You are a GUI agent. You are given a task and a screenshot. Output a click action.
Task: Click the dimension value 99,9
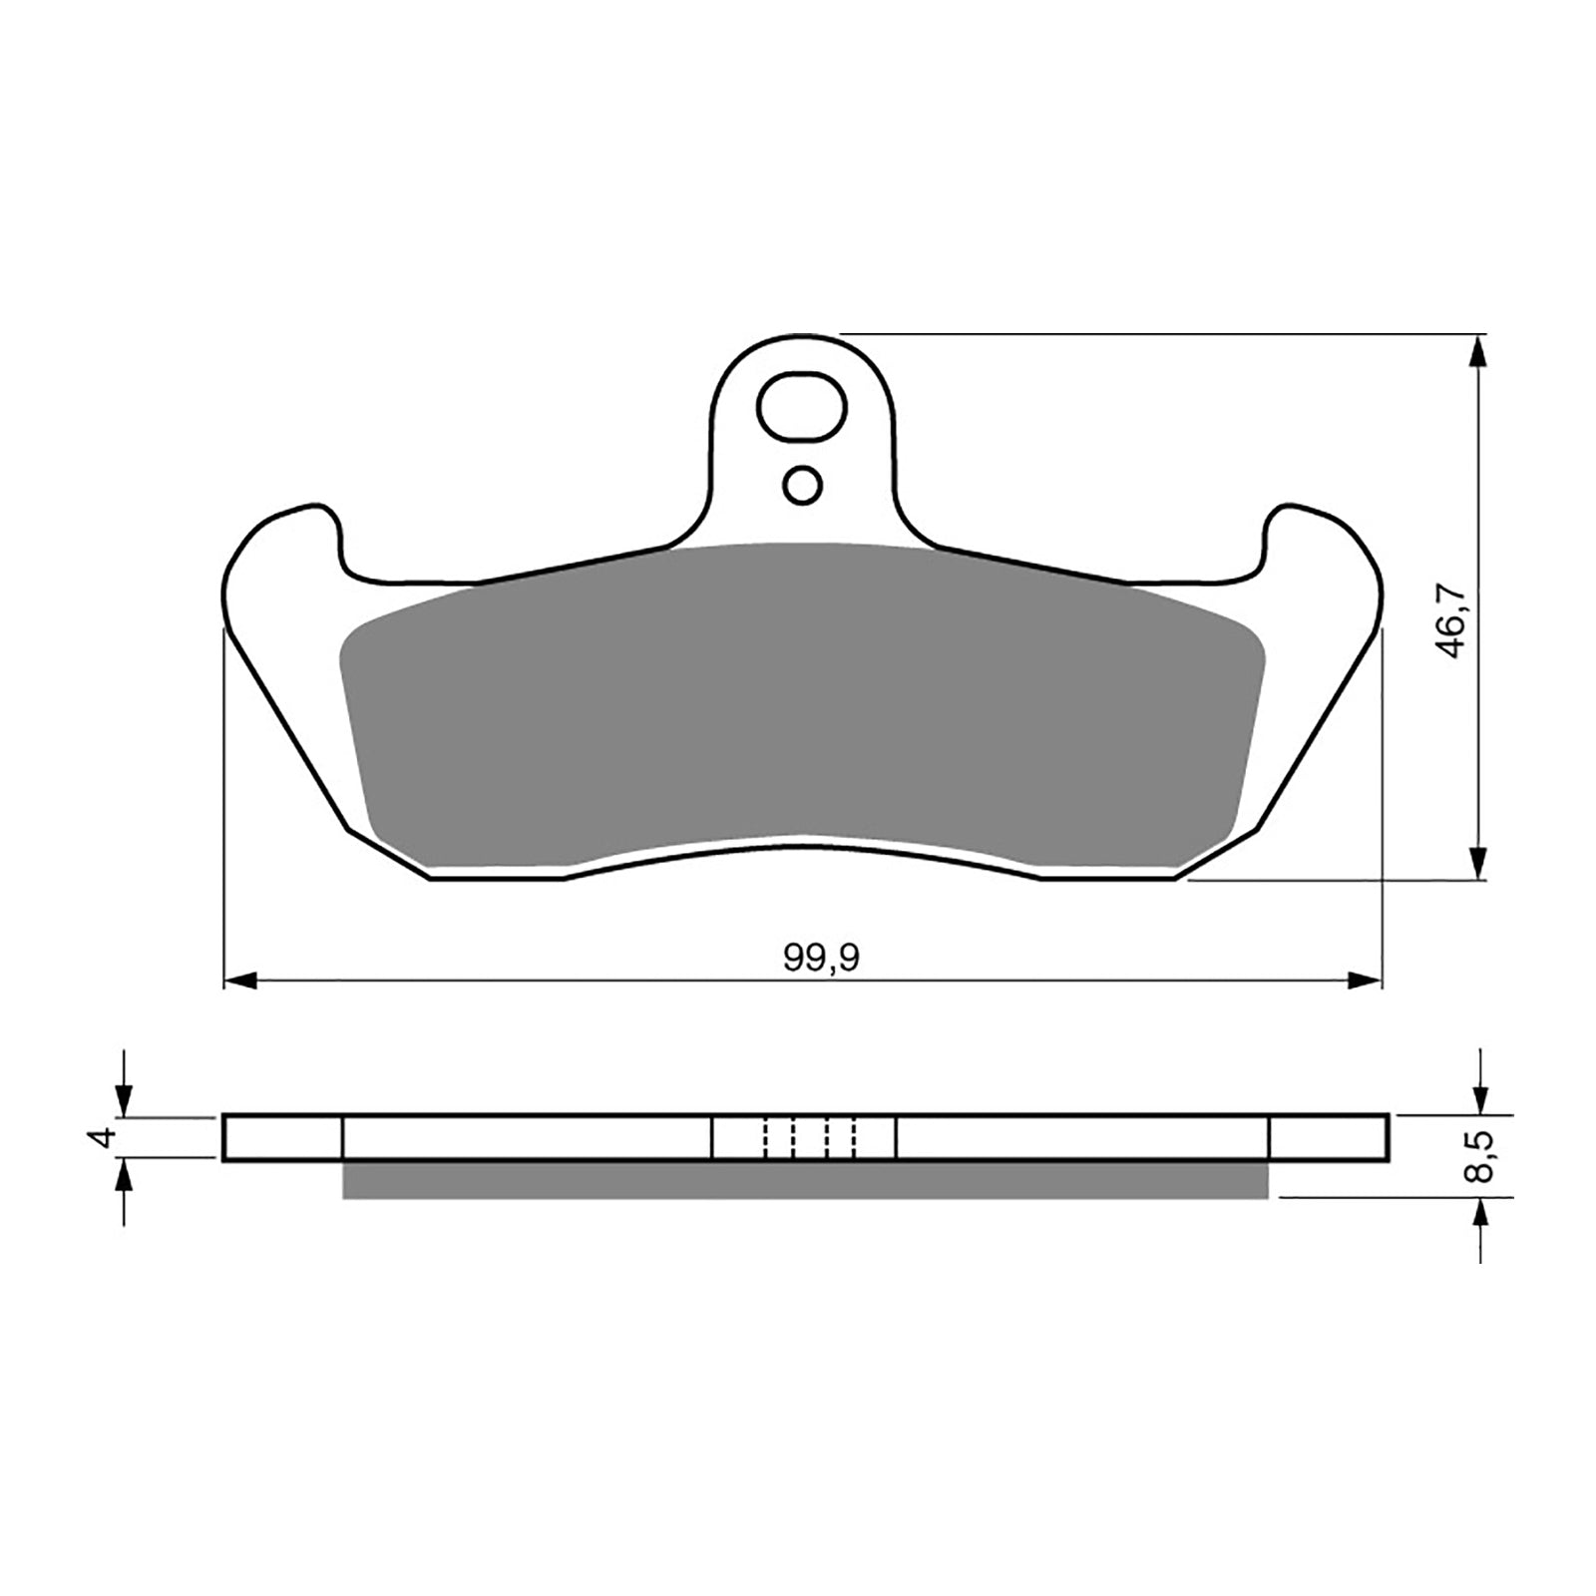click(821, 958)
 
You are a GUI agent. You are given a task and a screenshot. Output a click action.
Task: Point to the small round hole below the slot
click(803, 486)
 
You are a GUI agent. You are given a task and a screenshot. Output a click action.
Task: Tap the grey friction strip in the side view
click(804, 1179)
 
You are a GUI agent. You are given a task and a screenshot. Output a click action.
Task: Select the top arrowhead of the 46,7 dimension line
click(1477, 350)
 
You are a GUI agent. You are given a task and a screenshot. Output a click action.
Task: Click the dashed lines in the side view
click(810, 1138)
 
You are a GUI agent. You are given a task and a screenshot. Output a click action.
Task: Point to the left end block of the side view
click(283, 1138)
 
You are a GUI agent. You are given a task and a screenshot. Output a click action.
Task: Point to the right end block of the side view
click(1328, 1138)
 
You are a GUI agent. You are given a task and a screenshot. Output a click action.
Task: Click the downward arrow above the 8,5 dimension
click(1480, 1098)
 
